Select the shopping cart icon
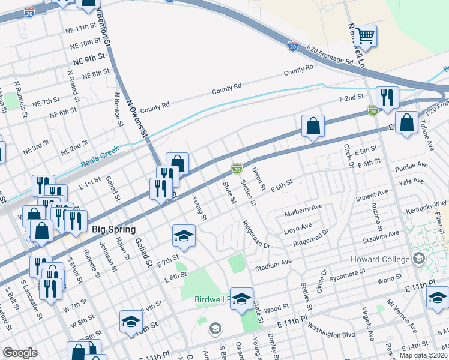pyautogui.click(x=364, y=35)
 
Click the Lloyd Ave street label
pyautogui.click(x=297, y=227)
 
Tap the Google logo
pyautogui.click(x=20, y=352)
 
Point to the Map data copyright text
pyautogui.click(x=423, y=355)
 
